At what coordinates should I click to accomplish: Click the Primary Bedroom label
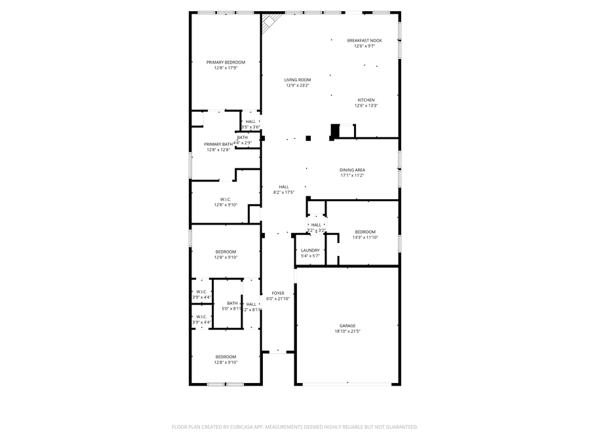(226, 62)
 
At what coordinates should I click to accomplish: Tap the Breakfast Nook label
(364, 41)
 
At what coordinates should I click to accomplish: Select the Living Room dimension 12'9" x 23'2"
(298, 85)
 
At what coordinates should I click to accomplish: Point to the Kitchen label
(366, 100)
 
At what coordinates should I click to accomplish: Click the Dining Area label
(352, 170)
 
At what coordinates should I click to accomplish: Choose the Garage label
(347, 325)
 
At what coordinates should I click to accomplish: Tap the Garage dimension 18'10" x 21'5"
(347, 331)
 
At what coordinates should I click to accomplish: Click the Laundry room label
(310, 250)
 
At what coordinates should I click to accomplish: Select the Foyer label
(278, 293)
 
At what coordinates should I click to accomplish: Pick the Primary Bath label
(218, 144)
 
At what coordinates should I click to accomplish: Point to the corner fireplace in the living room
(269, 24)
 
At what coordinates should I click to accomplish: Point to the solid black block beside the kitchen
(335, 130)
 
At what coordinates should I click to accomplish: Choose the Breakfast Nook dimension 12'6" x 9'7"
(364, 46)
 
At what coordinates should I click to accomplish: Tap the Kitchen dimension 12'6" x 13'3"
(366, 105)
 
